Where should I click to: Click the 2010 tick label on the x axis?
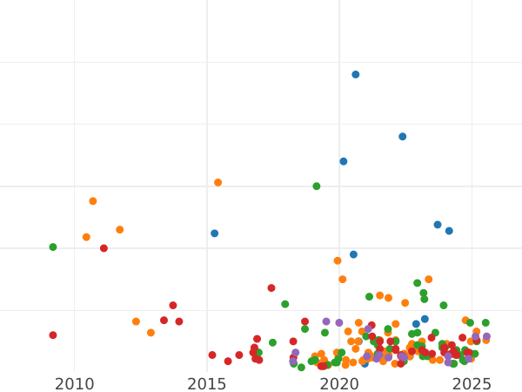point(74,384)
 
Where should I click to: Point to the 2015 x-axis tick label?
point(207,384)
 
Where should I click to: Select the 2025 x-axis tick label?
point(472,384)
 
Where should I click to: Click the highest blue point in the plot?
point(355,75)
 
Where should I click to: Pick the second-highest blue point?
point(402,137)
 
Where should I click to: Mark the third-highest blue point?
point(344,161)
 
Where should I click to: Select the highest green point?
point(317,186)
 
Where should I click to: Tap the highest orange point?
point(218,183)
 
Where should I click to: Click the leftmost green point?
point(53,247)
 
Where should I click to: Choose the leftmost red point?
point(53,335)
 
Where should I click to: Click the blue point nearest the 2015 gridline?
point(214,233)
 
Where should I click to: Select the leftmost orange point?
point(86,237)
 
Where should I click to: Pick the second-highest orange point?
point(93,201)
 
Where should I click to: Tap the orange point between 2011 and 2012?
point(120,230)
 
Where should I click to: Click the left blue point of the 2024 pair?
point(438,225)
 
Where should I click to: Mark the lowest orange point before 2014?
point(151,333)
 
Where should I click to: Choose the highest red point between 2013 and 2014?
point(173,306)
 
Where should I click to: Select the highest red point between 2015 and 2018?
point(271,288)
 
